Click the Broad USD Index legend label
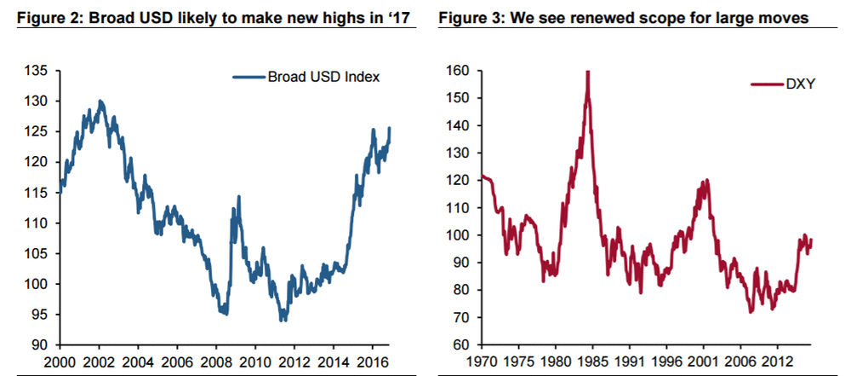pos(323,77)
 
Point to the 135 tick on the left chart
pos(42,70)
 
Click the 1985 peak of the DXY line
pos(587,73)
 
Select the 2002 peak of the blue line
pos(100,101)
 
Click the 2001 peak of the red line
pos(706,181)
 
